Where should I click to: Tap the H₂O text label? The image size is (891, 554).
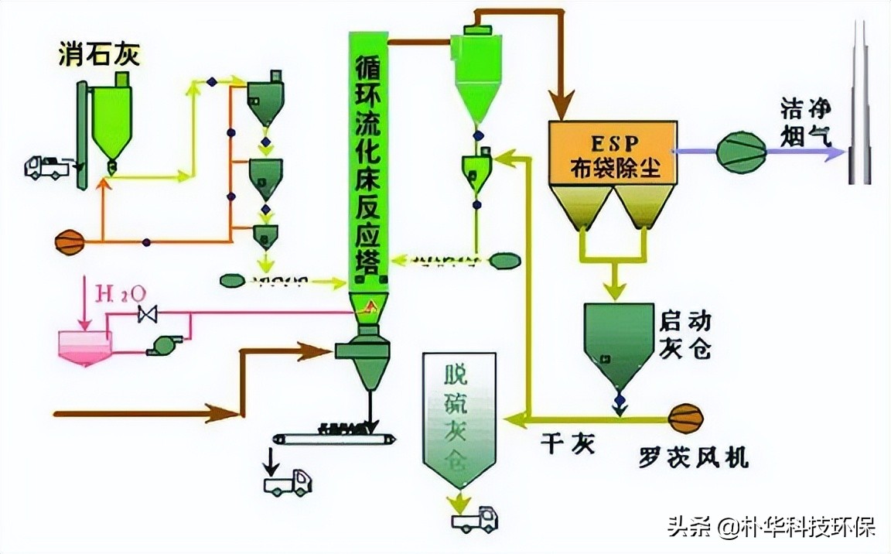tap(115, 293)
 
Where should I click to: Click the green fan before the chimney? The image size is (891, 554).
tap(740, 152)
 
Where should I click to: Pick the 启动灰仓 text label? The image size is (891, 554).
tap(684, 334)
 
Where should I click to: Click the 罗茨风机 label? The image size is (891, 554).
tap(693, 457)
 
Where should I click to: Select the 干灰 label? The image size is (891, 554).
tap(568, 445)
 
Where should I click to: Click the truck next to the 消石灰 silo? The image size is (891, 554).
tap(47, 167)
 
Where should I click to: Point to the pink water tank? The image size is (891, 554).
tap(85, 344)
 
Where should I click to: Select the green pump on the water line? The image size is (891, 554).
tap(165, 345)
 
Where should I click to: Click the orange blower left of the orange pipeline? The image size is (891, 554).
tap(69, 242)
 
